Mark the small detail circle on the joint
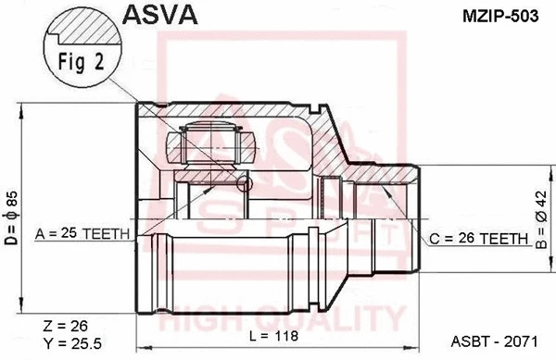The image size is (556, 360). click(245, 186)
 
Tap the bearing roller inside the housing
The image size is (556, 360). click(211, 144)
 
